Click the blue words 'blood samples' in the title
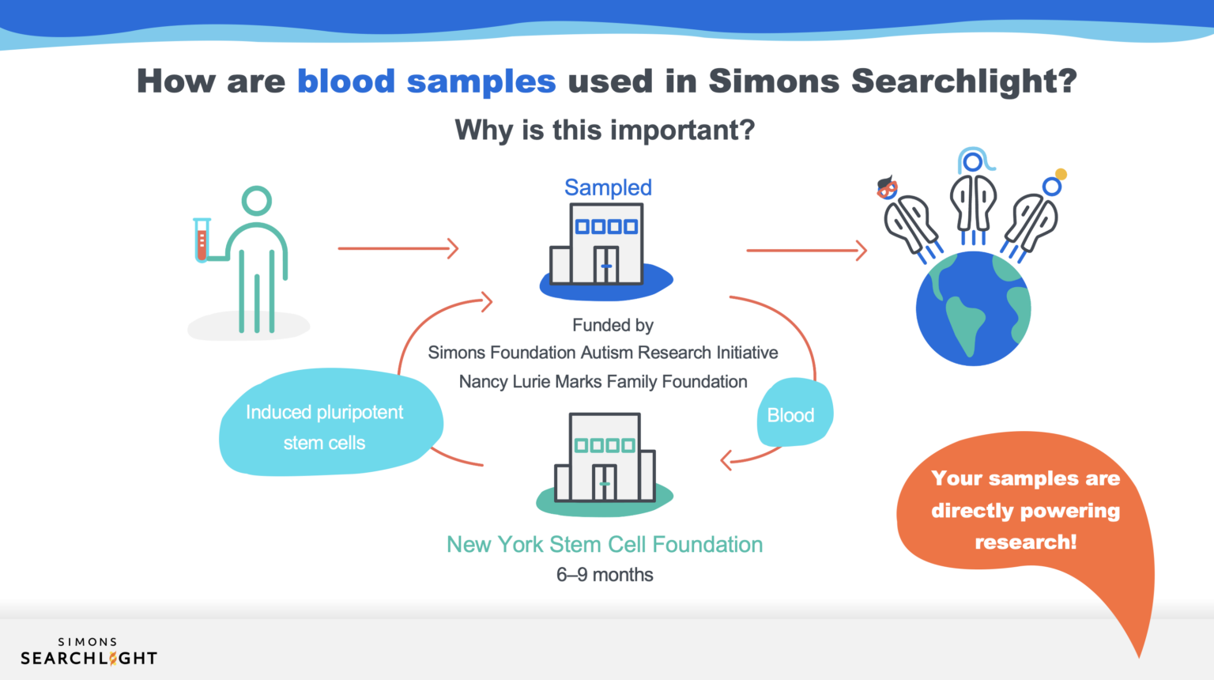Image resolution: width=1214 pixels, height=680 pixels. pyautogui.click(x=426, y=81)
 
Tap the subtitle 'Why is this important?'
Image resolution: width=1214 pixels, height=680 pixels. pyautogui.click(x=605, y=130)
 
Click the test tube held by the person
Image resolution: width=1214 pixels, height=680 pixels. pyautogui.click(x=202, y=240)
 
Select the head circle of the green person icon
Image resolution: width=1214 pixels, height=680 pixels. pyautogui.click(x=257, y=201)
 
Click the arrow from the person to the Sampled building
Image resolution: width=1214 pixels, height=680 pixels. pyautogui.click(x=398, y=248)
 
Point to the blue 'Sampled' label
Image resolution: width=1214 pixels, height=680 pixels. pyautogui.click(x=608, y=187)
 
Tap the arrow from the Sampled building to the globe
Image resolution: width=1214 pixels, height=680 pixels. pyautogui.click(x=806, y=251)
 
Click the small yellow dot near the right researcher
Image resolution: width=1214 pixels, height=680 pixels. pyautogui.click(x=1061, y=174)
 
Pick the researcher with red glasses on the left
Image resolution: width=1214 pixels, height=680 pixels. pyautogui.click(x=909, y=217)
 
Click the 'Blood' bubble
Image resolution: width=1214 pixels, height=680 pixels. pyautogui.click(x=791, y=414)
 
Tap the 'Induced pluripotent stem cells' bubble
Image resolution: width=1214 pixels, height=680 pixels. pyautogui.click(x=325, y=427)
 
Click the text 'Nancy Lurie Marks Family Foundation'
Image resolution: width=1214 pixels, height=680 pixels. pyautogui.click(x=603, y=382)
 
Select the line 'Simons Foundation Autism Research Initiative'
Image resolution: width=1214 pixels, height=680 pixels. pyautogui.click(x=603, y=353)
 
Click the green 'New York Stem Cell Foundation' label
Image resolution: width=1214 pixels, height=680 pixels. pyautogui.click(x=605, y=544)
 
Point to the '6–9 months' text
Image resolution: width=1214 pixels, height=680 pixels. pyautogui.click(x=605, y=575)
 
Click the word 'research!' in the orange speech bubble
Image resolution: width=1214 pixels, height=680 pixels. pyautogui.click(x=1025, y=542)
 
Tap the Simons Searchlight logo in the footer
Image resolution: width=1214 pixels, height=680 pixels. pyautogui.click(x=89, y=652)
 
